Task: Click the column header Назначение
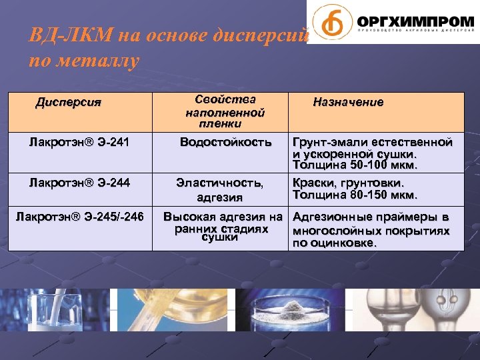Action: coord(348,102)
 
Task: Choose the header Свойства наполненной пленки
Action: coord(225,110)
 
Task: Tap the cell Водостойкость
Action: coord(226,142)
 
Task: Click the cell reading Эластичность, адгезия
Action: coord(219,189)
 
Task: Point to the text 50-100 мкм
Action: coord(385,165)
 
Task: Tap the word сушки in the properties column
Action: coord(219,238)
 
